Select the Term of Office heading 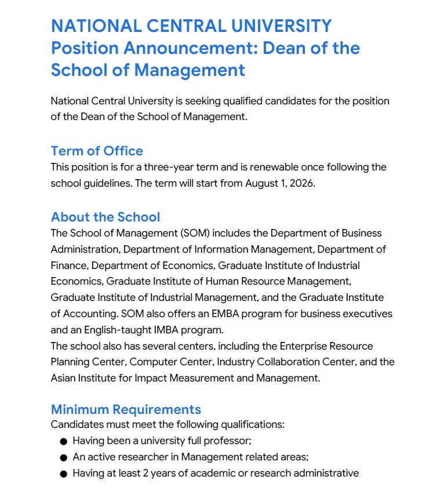[97, 151]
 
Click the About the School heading [105, 217]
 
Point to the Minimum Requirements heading [126, 409]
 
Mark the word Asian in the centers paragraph [63, 378]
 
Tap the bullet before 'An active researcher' [64, 457]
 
